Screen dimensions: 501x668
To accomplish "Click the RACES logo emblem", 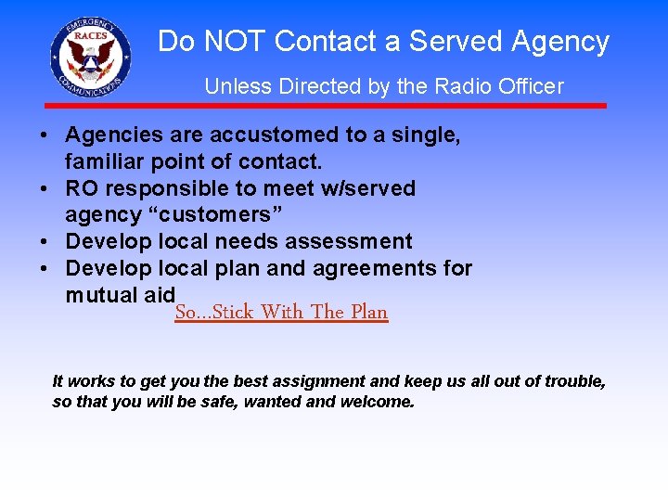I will tap(91, 58).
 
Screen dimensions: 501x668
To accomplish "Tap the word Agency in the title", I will tap(560, 42).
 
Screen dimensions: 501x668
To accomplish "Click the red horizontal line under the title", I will tap(325, 106).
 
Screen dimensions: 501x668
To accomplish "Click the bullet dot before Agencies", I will tap(45, 135).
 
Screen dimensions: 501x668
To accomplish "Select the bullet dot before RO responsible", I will tap(45, 189).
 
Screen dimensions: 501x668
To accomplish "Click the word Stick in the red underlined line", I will tap(235, 313).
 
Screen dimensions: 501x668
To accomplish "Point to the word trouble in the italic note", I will tap(573, 381).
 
